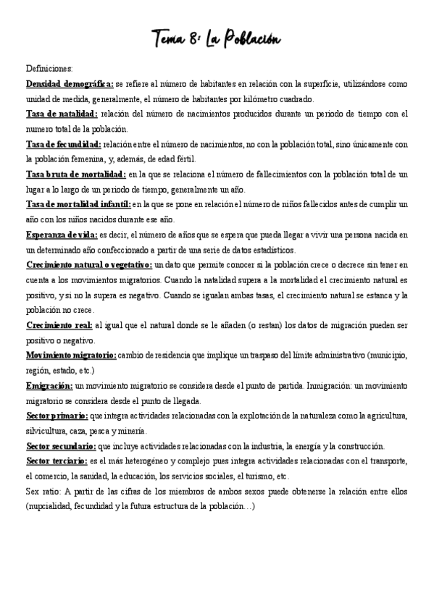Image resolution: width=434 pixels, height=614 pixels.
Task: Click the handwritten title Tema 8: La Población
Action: (217, 37)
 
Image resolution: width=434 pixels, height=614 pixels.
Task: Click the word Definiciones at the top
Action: (49, 69)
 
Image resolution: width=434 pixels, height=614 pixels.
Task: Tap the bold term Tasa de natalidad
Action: (61, 114)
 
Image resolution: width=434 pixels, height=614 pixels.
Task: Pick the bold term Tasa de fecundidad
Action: (63, 144)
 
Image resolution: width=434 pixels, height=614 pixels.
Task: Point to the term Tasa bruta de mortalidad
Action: (75, 174)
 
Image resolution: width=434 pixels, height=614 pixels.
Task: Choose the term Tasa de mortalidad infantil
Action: (78, 205)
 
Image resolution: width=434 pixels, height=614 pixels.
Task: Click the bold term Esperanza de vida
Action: (61, 235)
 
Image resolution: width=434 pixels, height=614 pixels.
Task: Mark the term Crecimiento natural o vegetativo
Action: (88, 265)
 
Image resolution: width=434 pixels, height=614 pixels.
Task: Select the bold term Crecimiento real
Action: (59, 325)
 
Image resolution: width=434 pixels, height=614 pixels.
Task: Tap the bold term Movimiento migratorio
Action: (70, 356)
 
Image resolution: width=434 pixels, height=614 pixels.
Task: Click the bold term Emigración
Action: (49, 386)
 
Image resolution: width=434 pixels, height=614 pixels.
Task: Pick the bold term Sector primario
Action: (57, 416)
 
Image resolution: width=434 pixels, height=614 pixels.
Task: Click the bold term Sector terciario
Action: (56, 461)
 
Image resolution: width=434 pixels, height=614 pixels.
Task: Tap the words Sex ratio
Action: (41, 492)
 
